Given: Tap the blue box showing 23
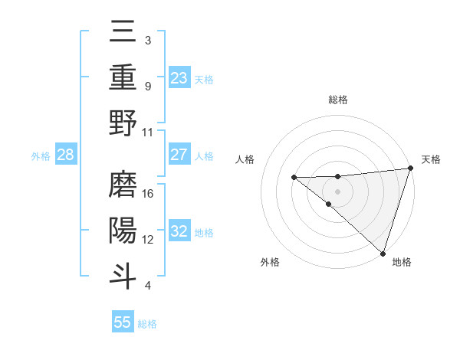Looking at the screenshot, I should pos(179,77).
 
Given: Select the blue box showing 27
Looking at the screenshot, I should pos(179,155).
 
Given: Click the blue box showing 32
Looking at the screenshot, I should pos(179,231).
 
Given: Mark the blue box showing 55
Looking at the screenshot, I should pos(123,322).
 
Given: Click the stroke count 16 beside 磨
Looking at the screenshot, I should pos(149,194).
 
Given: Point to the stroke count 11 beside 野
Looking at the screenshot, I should pos(149,131).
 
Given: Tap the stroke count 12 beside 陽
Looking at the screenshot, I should pos(149,239).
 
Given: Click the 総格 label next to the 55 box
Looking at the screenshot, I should pos(147,324).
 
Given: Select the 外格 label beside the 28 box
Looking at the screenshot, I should pos(41,156).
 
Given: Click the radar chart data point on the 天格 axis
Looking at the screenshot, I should pos(410,169).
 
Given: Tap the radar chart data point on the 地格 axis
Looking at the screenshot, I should pos(383,253).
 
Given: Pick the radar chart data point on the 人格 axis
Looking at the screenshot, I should pos(294,178).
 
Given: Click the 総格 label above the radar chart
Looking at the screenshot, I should pos(337,100).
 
